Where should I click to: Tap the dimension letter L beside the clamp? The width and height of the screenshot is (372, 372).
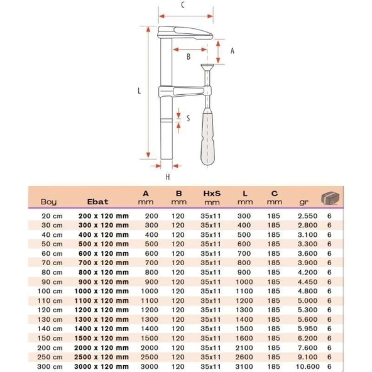coord(139,90)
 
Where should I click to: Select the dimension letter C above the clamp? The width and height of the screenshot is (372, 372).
coord(182,6)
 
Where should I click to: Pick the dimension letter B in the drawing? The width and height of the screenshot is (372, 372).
coord(188,57)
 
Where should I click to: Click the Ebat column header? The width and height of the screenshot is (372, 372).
coord(97,202)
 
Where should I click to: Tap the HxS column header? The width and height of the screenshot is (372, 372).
coord(211,194)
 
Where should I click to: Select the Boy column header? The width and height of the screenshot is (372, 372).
coord(48,202)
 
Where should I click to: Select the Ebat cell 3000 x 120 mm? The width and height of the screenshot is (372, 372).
coord(104,366)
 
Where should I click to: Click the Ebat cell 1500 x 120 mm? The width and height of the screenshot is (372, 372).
coord(104,338)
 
